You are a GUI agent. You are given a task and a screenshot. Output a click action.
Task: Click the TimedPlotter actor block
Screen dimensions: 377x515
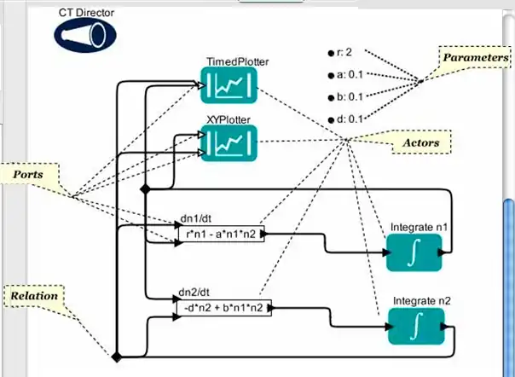228,85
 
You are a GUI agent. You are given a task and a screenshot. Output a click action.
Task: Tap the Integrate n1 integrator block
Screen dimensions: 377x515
414,252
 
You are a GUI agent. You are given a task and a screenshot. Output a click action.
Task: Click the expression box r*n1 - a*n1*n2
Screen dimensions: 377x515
219,234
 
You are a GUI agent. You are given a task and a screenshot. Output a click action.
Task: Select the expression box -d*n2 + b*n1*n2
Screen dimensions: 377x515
221,308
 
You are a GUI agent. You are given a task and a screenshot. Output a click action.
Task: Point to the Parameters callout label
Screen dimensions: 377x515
472,56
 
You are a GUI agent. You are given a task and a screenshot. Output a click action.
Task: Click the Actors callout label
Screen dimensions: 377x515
420,142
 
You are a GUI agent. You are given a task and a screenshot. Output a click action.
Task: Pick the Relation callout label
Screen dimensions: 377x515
34,296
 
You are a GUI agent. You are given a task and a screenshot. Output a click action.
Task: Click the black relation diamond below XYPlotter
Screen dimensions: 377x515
145,187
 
